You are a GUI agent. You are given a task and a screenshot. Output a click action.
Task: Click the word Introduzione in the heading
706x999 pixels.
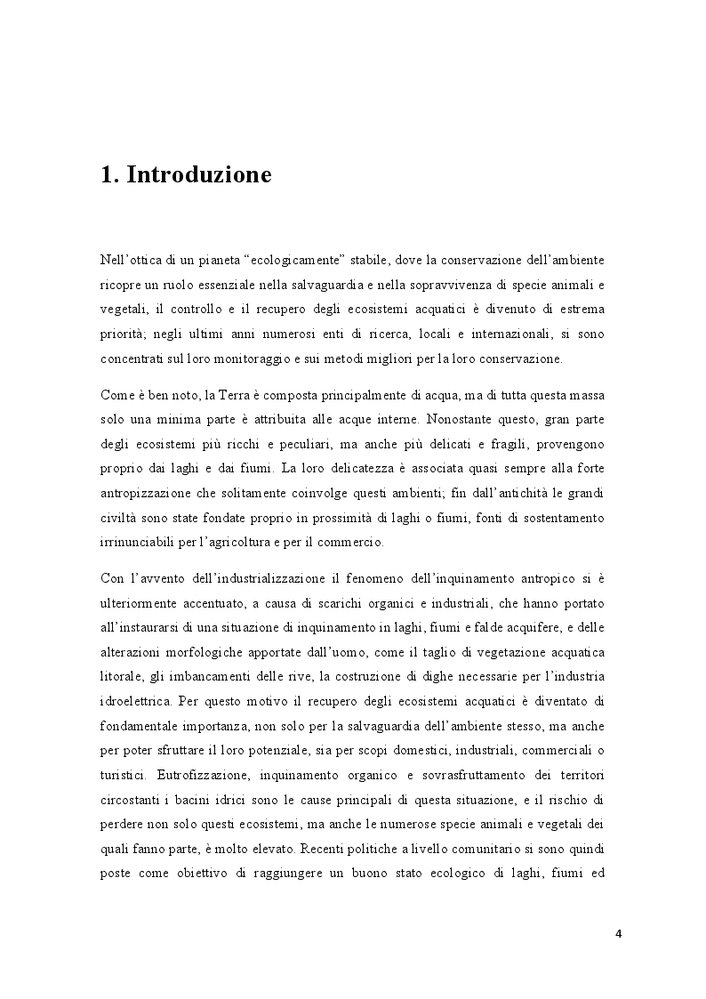point(199,175)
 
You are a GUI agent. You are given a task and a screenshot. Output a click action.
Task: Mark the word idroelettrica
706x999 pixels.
point(139,698)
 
